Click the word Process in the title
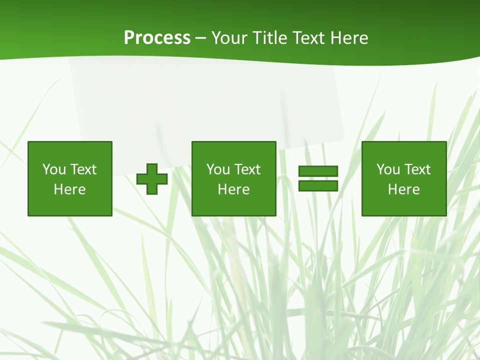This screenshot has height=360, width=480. [157, 38]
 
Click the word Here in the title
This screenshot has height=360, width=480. [350, 38]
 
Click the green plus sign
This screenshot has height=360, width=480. [152, 179]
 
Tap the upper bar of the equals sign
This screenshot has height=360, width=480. [318, 171]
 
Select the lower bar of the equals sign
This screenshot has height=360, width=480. [318, 186]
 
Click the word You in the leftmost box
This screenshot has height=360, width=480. [54, 169]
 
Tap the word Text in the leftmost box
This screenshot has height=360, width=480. [83, 169]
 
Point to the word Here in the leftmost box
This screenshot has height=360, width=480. [69, 189]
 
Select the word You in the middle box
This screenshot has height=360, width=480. [218, 169]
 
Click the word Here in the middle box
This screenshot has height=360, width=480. [233, 189]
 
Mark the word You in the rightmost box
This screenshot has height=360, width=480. [388, 169]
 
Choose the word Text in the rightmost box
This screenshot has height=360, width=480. [417, 169]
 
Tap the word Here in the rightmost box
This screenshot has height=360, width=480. [403, 189]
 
